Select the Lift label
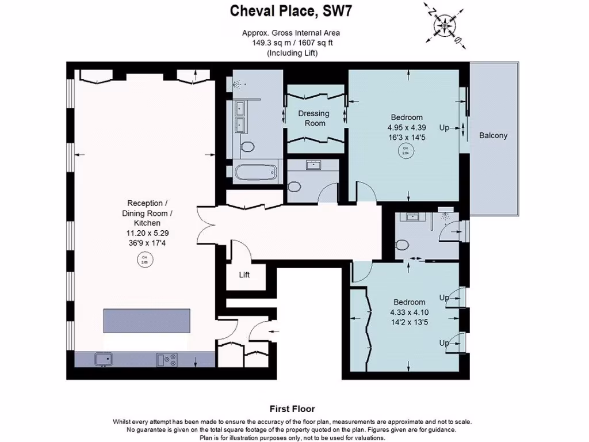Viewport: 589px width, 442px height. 244,275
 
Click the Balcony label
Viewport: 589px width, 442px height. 494,136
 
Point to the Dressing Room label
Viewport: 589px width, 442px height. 313,119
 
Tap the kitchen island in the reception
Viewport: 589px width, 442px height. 147,320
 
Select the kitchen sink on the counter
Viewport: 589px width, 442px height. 104,359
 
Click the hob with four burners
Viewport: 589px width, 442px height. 167,359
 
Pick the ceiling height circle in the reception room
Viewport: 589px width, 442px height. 144,260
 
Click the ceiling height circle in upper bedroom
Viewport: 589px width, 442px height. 405,151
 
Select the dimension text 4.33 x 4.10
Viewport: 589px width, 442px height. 409,313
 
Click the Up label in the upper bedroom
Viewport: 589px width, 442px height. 444,128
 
